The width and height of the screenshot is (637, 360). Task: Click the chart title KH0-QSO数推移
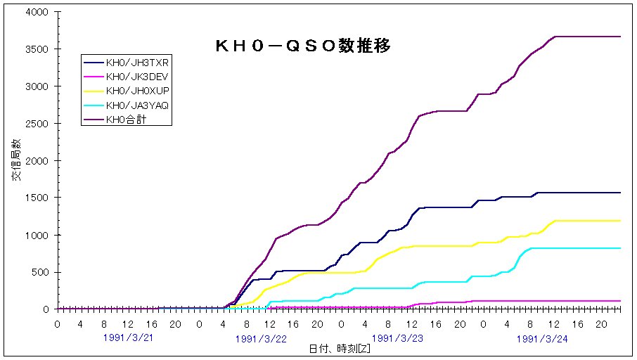point(302,46)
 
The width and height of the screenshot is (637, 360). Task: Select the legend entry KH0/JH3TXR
point(138,62)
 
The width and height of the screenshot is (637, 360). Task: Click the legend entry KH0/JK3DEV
point(138,76)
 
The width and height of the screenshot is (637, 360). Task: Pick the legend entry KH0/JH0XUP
point(138,91)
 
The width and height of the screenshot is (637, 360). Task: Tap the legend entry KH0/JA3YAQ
point(138,105)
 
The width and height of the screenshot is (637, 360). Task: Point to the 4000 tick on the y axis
point(37,13)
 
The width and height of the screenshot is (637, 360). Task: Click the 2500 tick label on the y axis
point(37,124)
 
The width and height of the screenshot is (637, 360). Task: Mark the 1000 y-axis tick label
point(37,235)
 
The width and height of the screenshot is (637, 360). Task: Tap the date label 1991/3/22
point(261,339)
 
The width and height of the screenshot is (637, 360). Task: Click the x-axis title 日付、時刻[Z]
point(340,349)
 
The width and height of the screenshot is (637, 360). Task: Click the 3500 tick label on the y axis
point(37,50)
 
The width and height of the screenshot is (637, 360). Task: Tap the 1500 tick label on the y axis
point(37,198)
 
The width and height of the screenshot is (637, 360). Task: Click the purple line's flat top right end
point(620,37)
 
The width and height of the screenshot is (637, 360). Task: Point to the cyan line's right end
point(620,248)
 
